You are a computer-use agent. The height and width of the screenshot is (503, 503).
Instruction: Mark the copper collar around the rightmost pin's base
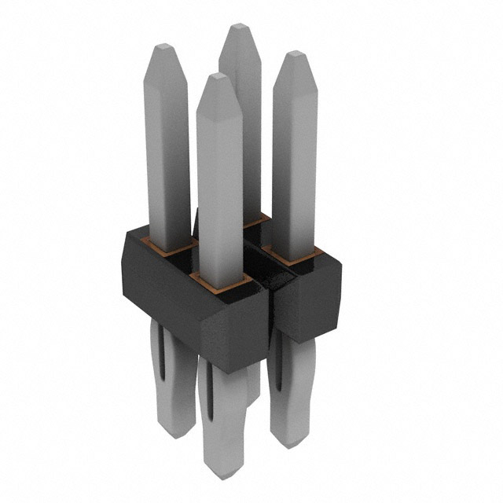[x=292, y=255]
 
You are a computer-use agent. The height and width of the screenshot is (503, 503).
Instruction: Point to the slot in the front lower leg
[x=210, y=393]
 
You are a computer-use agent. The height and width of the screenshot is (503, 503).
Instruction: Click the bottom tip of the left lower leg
[x=174, y=432]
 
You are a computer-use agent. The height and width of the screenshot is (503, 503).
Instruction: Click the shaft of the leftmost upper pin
[x=170, y=149]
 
